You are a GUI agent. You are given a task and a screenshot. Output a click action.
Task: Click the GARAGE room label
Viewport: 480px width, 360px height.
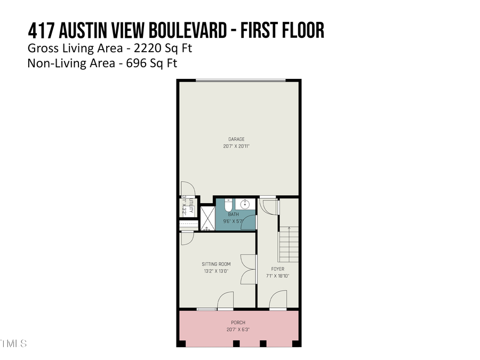tap(236, 140)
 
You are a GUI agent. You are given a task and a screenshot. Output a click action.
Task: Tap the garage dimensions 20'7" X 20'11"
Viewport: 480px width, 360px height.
tap(236, 146)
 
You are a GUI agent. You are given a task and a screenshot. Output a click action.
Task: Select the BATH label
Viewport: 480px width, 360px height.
tap(233, 214)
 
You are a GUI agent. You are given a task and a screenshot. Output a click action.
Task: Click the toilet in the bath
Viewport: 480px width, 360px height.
tap(228, 205)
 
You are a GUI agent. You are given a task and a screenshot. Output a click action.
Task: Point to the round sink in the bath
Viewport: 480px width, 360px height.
tap(246, 204)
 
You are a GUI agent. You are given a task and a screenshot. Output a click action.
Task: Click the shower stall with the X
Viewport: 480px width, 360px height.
tap(206, 218)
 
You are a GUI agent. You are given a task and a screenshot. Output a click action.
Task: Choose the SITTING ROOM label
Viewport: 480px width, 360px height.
tap(216, 264)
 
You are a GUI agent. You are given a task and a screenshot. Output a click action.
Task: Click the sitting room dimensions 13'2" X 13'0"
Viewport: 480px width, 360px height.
tap(216, 271)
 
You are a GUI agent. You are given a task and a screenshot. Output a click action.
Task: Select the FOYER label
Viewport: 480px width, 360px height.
tap(277, 269)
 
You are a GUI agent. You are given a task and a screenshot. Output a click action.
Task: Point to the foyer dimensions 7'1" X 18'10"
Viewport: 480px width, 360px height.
tap(277, 276)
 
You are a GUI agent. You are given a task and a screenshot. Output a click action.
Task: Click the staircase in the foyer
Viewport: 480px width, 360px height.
tap(289, 243)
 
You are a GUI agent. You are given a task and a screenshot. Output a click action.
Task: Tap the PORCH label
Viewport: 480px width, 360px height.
tap(238, 323)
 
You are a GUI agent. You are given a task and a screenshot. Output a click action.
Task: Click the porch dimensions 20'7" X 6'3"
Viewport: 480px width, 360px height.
tap(238, 330)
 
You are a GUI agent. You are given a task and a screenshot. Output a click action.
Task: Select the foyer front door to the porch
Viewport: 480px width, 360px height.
tap(278, 301)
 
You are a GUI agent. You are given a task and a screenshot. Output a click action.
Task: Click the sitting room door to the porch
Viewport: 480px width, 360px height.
tap(225, 301)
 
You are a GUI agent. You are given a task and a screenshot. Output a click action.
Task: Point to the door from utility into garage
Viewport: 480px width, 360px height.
tap(188, 189)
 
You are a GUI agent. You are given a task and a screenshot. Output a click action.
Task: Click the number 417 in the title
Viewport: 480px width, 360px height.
tap(42, 30)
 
